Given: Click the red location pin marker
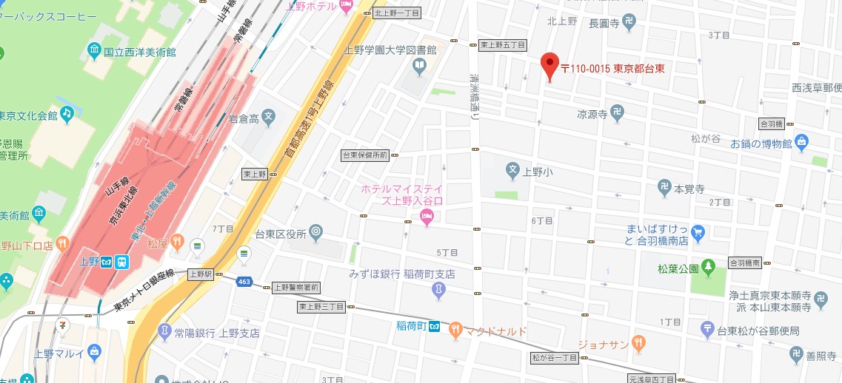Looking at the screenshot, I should point(549,66).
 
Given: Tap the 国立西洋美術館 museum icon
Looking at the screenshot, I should point(94,51).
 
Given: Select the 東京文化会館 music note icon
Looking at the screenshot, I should point(67,113).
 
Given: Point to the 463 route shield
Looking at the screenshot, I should point(244,281).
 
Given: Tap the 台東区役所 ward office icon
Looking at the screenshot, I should point(316,233).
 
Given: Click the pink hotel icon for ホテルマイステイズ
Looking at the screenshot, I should point(427,217).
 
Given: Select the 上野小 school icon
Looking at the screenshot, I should point(512,171).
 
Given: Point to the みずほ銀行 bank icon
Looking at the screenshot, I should point(438,291).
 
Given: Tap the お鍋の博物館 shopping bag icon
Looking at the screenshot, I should point(803,141).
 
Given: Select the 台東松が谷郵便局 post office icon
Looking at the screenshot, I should point(708,328).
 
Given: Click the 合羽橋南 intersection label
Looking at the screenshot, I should point(746,262).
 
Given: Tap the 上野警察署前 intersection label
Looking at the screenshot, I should point(296,287).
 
